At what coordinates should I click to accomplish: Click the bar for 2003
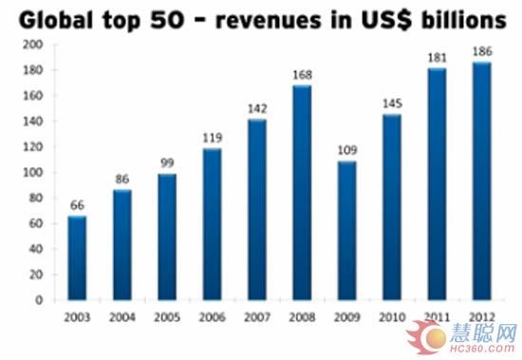77,258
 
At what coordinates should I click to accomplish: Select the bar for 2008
302,193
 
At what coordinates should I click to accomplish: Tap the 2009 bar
346,231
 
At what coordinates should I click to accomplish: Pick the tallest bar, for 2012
482,181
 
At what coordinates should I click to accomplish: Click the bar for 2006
212,224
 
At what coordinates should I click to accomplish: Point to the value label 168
302,75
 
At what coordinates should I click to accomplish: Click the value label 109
346,150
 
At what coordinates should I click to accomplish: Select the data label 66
77,205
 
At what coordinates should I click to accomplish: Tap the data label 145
392,104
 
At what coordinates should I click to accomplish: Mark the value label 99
167,163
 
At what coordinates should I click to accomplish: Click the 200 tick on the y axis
33,45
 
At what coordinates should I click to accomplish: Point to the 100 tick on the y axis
33,172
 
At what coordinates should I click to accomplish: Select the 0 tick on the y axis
39,300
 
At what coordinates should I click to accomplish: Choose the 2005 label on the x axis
167,317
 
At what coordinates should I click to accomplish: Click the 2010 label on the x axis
392,317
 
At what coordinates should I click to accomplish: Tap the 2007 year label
257,317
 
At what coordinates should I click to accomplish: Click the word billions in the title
463,19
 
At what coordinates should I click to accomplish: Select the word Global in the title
56,19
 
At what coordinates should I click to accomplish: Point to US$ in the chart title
386,19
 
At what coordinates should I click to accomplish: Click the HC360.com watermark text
483,349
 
